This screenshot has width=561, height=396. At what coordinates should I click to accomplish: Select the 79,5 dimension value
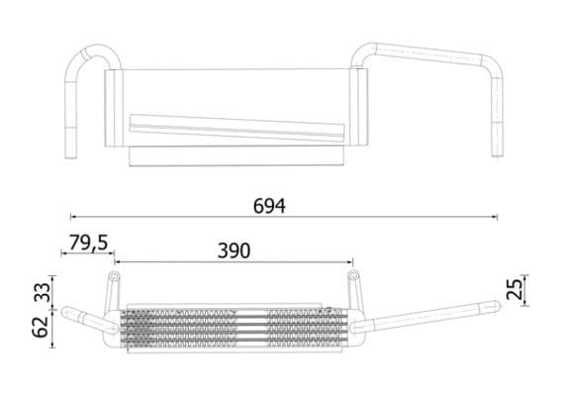click(x=88, y=241)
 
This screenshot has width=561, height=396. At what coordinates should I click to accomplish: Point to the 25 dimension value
click(x=513, y=289)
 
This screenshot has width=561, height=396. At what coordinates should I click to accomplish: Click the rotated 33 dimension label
click(x=42, y=292)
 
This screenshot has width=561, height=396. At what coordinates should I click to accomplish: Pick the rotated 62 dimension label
click(x=42, y=326)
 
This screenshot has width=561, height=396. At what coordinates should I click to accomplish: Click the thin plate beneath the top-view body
click(x=237, y=155)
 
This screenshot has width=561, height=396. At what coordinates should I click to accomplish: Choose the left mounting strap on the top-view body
click(x=115, y=109)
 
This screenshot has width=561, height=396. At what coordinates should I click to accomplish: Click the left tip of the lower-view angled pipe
click(x=68, y=313)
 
